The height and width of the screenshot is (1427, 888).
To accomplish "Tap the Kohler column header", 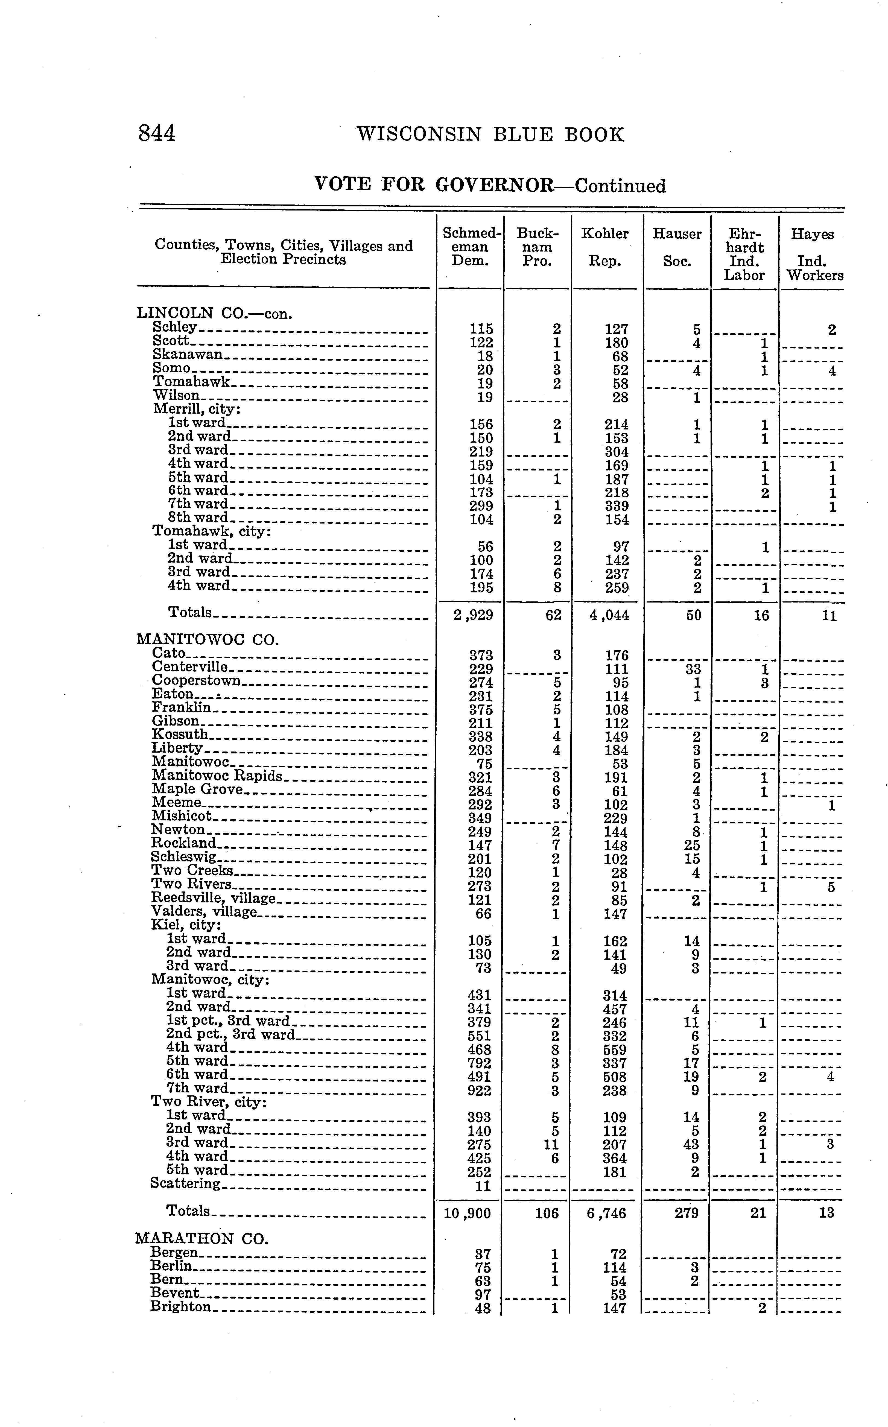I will (605, 234).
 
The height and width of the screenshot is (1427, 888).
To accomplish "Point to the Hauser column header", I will (677, 234).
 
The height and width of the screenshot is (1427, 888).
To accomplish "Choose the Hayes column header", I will (812, 234).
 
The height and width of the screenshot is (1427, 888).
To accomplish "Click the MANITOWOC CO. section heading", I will (207, 639).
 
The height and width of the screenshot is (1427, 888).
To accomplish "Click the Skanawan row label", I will (188, 355).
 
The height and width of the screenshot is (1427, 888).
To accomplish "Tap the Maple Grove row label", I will (197, 789).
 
